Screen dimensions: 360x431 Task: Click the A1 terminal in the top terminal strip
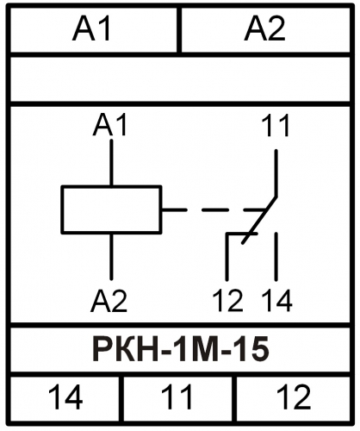coord(91,28)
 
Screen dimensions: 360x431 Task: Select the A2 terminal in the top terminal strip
coord(264,28)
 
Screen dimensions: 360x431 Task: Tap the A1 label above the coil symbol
coord(110,125)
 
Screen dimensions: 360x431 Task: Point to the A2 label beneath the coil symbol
coord(109,301)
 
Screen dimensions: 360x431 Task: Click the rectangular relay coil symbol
coord(111,209)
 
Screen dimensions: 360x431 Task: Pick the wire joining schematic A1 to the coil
coord(111,163)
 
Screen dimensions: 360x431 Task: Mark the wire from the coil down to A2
coord(111,256)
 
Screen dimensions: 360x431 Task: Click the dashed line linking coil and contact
coord(213,209)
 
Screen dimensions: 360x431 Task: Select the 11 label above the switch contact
coord(276,125)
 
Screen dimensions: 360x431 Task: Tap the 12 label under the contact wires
coord(228,301)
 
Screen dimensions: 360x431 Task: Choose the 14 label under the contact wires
coord(277,301)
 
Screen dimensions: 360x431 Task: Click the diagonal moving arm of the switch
coord(259,220)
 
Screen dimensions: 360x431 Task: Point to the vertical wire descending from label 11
coord(276,173)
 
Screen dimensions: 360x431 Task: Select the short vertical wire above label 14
coord(276,256)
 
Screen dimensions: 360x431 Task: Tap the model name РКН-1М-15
coord(181,349)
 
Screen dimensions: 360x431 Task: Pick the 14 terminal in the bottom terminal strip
coord(65,397)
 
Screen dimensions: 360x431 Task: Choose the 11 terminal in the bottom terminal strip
coord(177,397)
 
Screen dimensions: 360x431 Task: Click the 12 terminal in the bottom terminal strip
coord(294,397)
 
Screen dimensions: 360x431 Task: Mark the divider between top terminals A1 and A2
coord(179,30)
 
